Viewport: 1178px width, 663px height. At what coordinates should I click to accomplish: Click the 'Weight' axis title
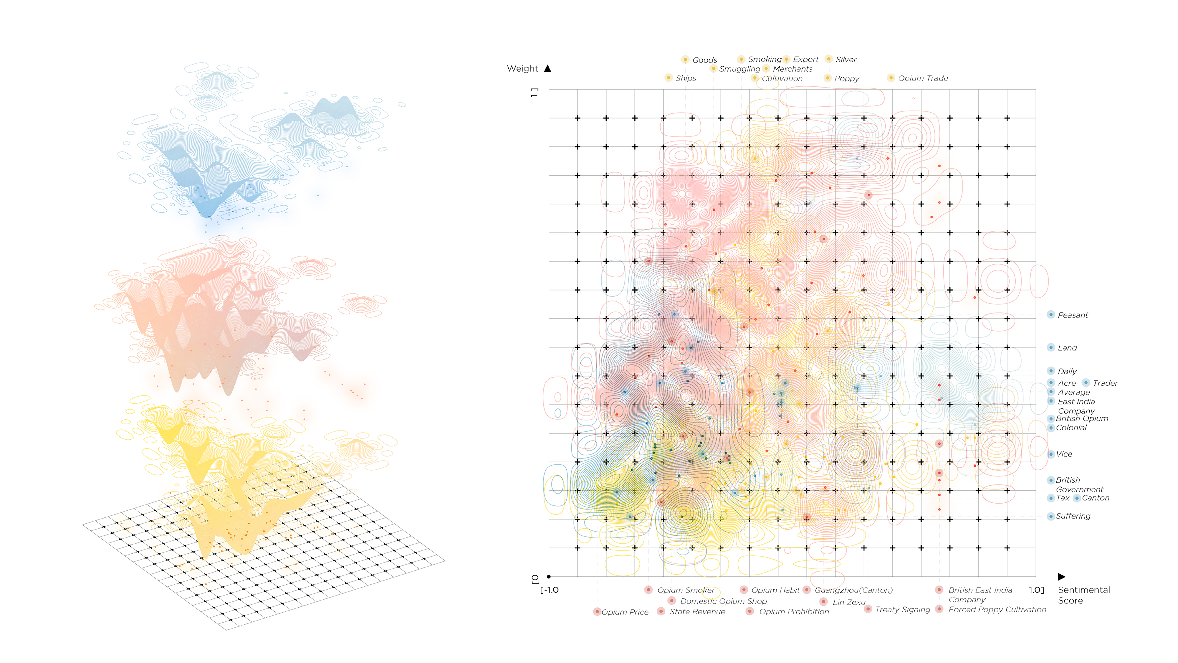click(x=522, y=69)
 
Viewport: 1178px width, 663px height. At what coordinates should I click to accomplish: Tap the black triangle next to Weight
click(x=547, y=69)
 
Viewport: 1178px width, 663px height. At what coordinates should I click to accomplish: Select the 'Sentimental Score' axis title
click(x=1083, y=595)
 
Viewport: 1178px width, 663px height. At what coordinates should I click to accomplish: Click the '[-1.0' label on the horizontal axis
click(x=549, y=590)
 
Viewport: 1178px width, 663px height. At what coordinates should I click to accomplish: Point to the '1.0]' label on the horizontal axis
click(x=1036, y=590)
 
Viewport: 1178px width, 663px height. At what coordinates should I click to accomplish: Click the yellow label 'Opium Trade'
click(x=923, y=78)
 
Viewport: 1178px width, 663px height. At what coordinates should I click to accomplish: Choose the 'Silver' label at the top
click(x=846, y=60)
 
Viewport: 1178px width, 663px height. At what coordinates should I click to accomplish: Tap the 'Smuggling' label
click(x=739, y=69)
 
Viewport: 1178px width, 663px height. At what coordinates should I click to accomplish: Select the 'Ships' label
click(x=686, y=78)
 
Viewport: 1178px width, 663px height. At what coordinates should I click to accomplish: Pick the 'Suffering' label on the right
click(x=1073, y=516)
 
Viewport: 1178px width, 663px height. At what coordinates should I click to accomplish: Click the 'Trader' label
click(x=1105, y=383)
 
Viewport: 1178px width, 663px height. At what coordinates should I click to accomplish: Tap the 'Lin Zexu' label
click(x=849, y=602)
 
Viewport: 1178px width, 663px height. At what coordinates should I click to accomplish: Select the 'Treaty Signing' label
click(x=902, y=609)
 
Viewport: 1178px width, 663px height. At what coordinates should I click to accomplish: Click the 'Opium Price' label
click(x=625, y=612)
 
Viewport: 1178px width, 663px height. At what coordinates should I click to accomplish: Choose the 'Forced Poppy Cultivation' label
click(x=997, y=609)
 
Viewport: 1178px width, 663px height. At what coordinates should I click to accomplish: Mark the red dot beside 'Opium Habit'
click(x=744, y=590)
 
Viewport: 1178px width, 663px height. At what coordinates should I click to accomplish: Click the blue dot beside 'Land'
click(x=1051, y=348)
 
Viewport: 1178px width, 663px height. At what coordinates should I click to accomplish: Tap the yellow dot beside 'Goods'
click(x=685, y=60)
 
